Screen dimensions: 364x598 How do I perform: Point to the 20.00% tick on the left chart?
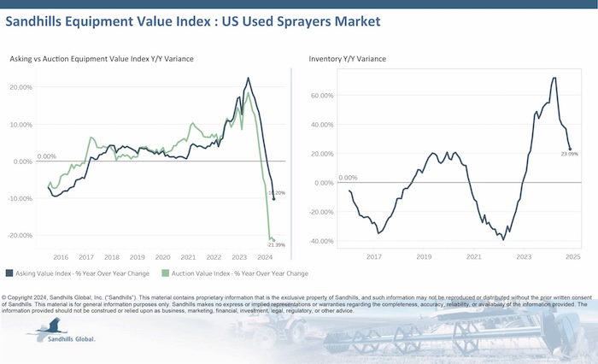point(21,87)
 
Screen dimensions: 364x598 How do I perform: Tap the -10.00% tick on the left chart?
point(20,198)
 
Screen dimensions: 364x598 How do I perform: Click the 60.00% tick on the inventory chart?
point(321,96)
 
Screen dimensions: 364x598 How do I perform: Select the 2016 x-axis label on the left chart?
point(62,256)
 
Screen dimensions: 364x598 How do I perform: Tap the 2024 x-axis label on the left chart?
point(265,256)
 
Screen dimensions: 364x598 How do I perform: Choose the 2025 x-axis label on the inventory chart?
point(573,256)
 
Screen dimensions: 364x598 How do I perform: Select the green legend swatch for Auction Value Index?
point(154,273)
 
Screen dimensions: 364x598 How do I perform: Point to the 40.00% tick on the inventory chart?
point(321,125)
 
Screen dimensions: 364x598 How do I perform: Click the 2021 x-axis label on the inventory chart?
point(473,256)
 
